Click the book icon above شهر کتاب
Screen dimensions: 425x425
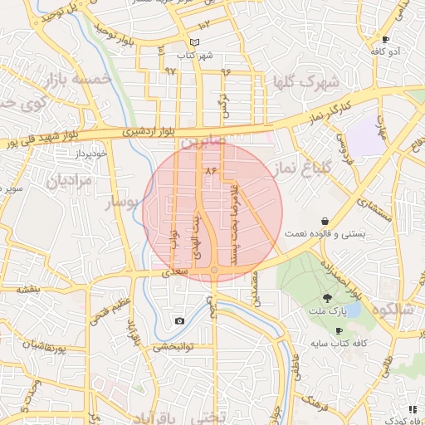[x=195, y=42]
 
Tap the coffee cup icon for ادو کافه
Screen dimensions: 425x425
[x=385, y=39]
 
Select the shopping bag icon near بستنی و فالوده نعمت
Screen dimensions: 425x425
[x=323, y=221]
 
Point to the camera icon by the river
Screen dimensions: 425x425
[x=179, y=320]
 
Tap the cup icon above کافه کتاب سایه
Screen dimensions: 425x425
[x=339, y=330]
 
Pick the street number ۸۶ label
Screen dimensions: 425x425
[x=209, y=169]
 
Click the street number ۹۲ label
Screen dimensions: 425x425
[x=170, y=71]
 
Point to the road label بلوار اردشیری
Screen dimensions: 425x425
[x=150, y=130]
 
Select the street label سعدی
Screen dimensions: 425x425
[x=176, y=271]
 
